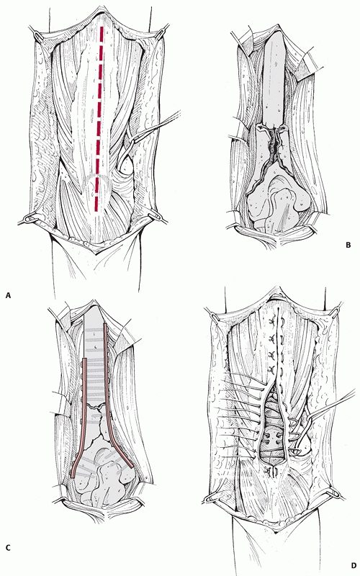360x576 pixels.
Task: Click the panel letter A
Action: (9, 294)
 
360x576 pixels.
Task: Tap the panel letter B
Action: (348, 245)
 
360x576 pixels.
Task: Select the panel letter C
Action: (9, 548)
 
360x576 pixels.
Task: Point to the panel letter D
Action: (354, 565)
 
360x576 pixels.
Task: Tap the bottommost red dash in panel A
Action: (97, 204)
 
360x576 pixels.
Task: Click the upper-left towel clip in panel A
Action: (38, 35)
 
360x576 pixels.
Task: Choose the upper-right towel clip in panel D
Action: (336, 311)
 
